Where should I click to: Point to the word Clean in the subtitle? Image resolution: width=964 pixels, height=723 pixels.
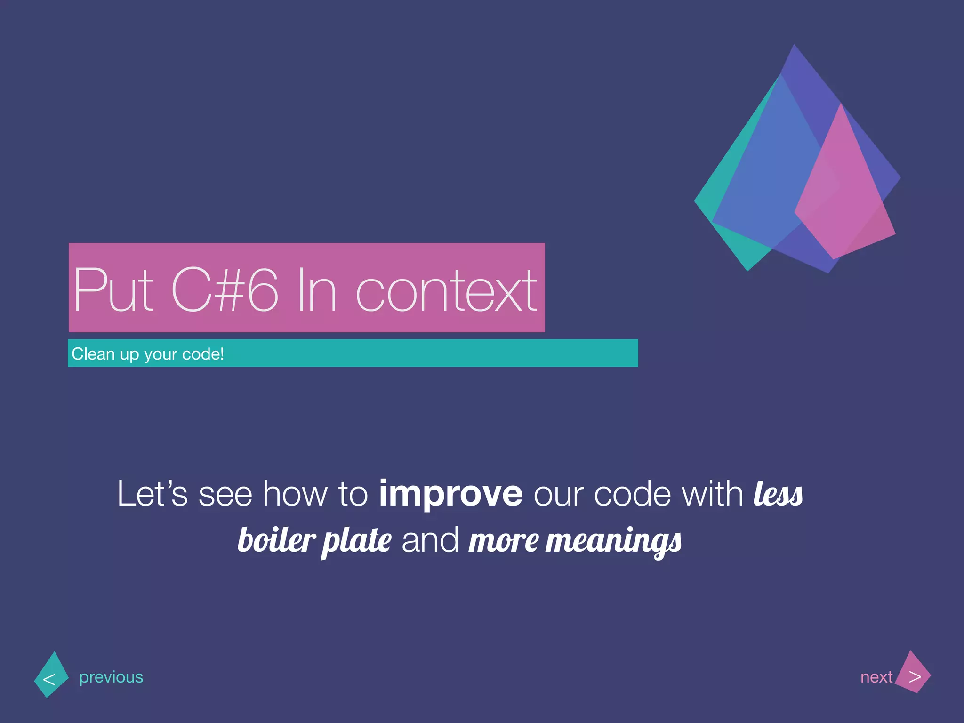point(93,354)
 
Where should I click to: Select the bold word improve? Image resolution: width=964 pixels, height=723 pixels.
point(450,494)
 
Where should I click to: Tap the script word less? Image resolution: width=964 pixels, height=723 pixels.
point(778,494)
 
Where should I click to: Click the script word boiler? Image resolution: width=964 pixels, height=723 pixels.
point(276,540)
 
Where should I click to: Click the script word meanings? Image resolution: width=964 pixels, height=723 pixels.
point(613,541)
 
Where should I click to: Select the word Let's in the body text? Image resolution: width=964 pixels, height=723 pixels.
point(152,494)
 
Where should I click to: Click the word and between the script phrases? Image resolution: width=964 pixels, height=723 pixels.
point(430,540)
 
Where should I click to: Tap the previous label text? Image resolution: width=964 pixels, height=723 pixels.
point(111,677)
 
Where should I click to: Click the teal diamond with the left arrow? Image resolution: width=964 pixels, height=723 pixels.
point(51,675)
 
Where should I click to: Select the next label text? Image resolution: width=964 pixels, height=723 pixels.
point(876,677)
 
